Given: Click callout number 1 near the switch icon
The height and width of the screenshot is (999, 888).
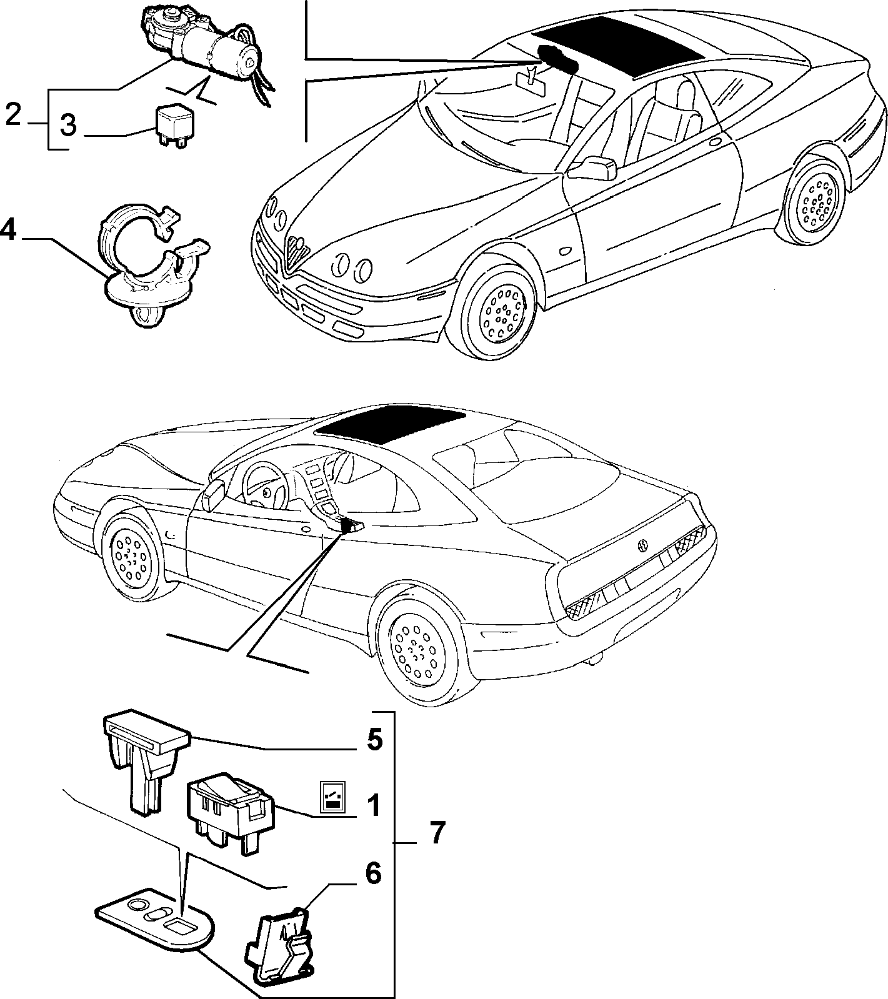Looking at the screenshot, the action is pyautogui.click(x=372, y=806).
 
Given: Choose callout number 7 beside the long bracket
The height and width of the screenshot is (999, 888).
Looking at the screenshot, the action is pyautogui.click(x=436, y=833).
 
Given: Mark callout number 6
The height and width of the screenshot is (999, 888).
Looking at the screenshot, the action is pyautogui.click(x=372, y=874).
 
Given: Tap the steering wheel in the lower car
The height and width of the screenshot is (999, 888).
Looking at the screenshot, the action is pyautogui.click(x=266, y=486).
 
